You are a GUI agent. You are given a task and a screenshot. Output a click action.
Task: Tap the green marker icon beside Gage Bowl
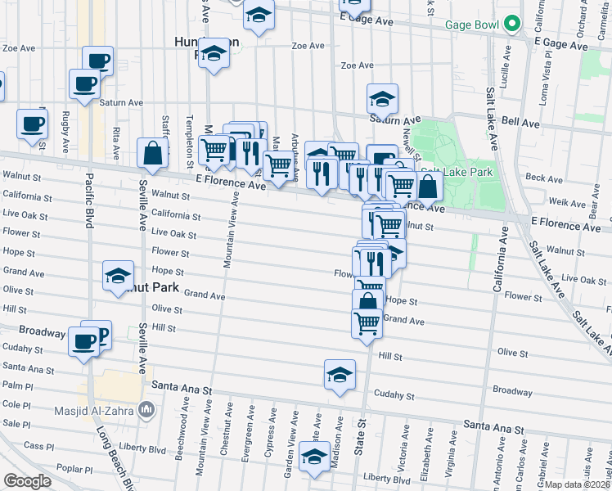pos(512,23)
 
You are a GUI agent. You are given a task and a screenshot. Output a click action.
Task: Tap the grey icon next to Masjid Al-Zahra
pos(146,408)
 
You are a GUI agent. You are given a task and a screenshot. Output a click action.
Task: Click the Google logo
pos(27,481)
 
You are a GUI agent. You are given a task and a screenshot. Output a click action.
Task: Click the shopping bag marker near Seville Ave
pos(153,151)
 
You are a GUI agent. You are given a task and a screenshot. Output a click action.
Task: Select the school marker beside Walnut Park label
pos(119,276)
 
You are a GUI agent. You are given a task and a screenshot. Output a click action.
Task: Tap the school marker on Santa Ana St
pos(340,375)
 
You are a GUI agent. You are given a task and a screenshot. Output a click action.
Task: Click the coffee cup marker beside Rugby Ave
pos(32,124)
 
